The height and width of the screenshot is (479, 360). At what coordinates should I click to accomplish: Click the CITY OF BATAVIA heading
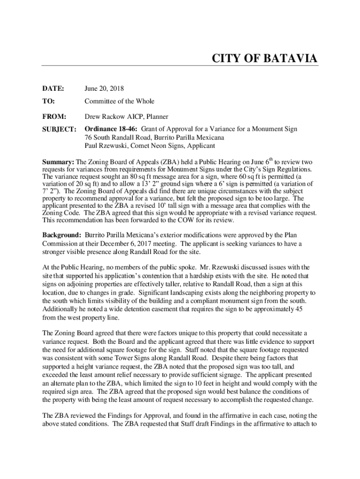[x=265, y=59]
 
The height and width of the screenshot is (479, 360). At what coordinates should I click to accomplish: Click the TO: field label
[x=49, y=101]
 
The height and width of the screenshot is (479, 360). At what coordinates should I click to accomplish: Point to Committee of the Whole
[x=119, y=101]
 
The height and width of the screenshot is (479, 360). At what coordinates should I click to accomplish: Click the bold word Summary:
[x=58, y=161]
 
